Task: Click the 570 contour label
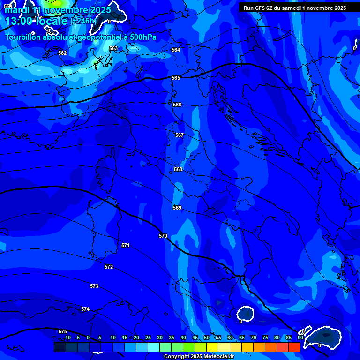point(163,236)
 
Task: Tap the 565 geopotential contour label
point(176,78)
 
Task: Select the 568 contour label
point(178,169)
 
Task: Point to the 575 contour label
point(63,331)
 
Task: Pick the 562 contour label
point(62,53)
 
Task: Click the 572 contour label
point(109,267)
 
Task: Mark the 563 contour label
point(113,48)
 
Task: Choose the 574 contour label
point(85,309)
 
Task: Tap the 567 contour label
point(180,135)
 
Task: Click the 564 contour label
point(176,50)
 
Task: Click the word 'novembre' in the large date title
point(66,10)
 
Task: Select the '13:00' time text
point(17,21)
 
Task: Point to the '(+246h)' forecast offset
point(83,21)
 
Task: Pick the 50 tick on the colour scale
point(207,337)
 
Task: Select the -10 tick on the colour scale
point(67,337)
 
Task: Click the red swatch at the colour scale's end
point(294,347)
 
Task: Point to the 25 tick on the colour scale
point(148,337)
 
